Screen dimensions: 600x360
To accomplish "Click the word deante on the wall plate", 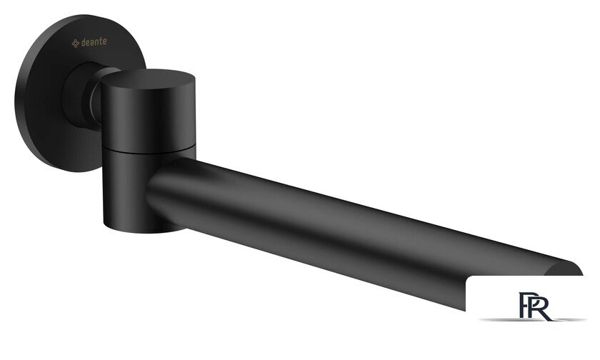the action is pos(94,41).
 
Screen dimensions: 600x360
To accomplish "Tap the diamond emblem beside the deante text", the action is pos(76,44).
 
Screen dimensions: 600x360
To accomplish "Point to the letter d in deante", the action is pos(84,42).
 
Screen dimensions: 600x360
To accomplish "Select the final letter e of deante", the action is pos(104,41).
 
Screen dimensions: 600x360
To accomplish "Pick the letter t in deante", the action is pos(100,41).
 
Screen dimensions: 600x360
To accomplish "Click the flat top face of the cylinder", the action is pos(149,79).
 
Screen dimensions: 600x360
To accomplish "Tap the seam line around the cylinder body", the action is pos(149,149).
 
